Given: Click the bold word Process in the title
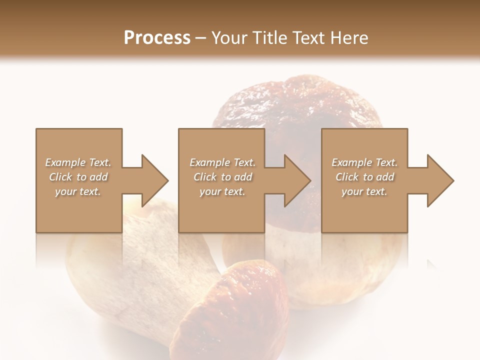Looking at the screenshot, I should click(x=157, y=37).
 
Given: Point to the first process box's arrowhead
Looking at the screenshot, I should click(x=155, y=180).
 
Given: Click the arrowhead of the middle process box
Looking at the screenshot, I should click(x=297, y=180).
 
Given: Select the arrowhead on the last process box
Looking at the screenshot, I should click(x=440, y=180).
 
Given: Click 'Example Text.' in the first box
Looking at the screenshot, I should click(x=78, y=162).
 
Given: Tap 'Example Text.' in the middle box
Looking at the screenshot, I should click(x=222, y=162).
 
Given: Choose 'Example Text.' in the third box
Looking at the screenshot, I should click(x=364, y=162).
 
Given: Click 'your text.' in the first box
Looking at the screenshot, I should click(x=78, y=191).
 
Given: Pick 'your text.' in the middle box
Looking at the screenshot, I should click(x=222, y=191).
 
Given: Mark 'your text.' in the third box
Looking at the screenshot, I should click(x=364, y=191).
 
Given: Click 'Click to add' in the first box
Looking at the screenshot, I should click(x=78, y=177).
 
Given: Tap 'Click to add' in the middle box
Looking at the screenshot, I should click(x=222, y=177).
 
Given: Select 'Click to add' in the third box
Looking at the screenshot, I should click(x=364, y=177).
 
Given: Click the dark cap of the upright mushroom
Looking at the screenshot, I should click(x=300, y=105).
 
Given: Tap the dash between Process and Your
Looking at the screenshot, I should click(x=201, y=38).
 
